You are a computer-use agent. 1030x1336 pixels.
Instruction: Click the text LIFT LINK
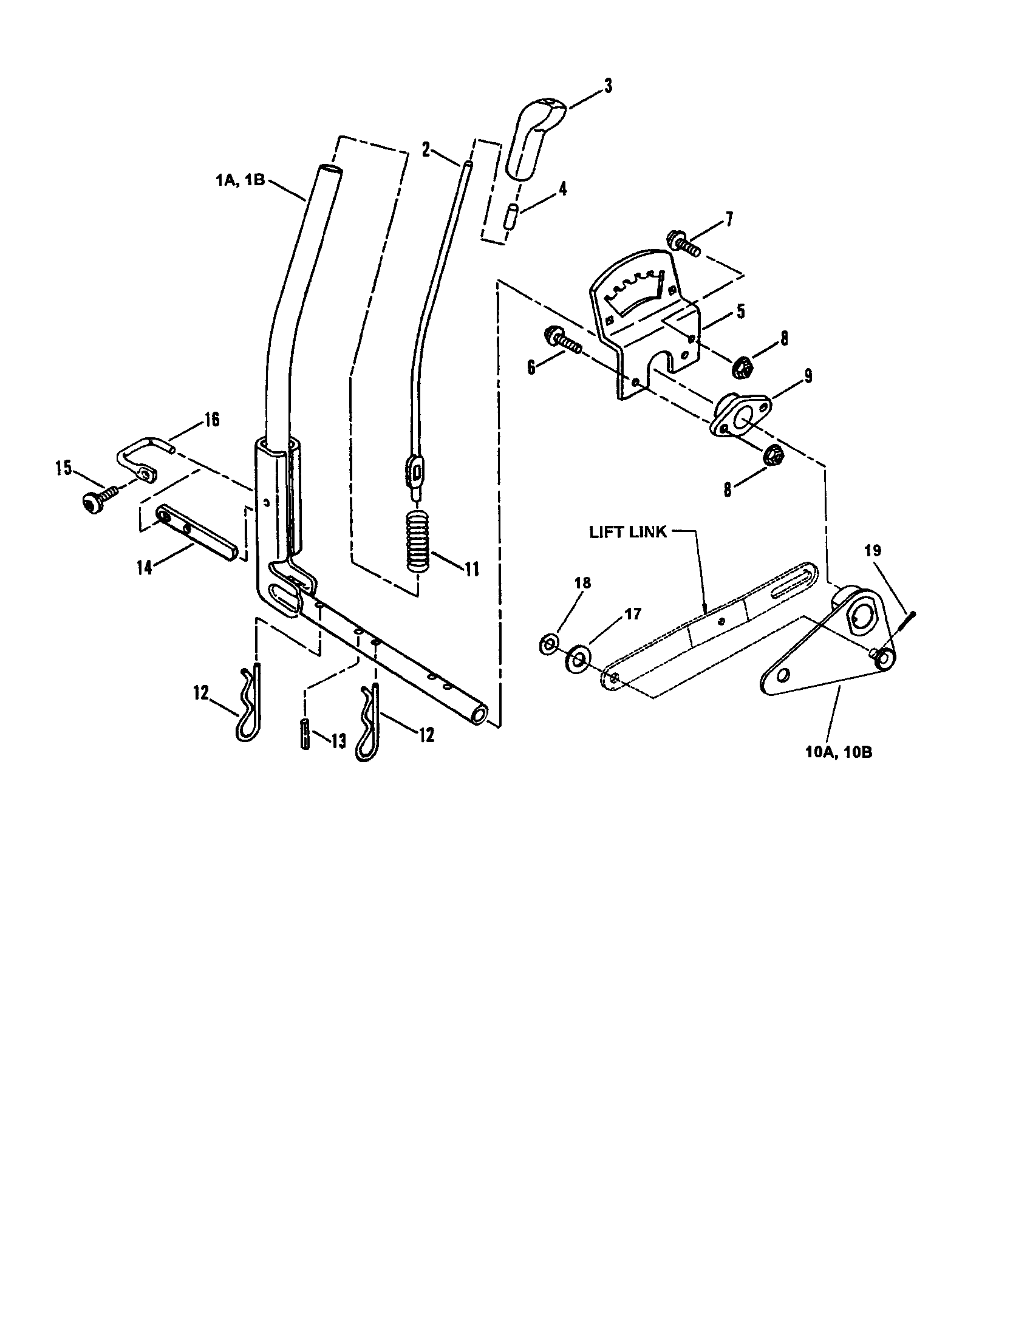[x=627, y=532]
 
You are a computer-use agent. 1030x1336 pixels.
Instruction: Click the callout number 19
[x=873, y=551]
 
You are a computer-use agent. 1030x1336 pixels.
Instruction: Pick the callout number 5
[x=740, y=312]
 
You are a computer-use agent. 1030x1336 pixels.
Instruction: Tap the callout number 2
[x=426, y=149]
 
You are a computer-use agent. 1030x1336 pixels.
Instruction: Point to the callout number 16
[x=211, y=420]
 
